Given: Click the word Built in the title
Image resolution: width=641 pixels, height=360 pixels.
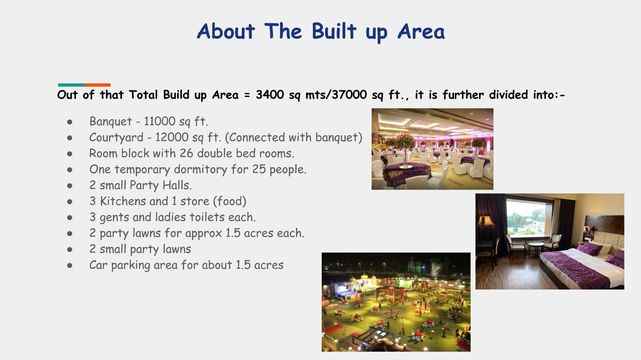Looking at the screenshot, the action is pos(334,31).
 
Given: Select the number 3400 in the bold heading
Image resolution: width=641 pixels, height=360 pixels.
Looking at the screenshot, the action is pos(270,95).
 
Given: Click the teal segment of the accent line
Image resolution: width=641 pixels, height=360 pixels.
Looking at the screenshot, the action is pos(71,85).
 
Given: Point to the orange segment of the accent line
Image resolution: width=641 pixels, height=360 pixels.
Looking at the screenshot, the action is pos(98,85).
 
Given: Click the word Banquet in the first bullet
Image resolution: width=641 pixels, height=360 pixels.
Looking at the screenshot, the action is pos(111,121).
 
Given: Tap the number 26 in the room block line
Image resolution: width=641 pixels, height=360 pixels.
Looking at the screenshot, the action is pos(186,153).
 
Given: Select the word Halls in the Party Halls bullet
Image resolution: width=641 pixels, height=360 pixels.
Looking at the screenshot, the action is pos(177,185).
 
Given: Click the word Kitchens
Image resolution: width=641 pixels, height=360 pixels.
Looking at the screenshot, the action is pos(134,201).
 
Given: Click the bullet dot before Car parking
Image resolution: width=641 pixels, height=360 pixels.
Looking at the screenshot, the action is pos(70,265).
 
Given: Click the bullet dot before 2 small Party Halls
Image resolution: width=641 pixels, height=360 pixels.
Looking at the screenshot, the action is pos(70,186).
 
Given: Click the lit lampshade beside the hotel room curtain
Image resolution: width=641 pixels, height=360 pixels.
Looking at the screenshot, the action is pos(485,221).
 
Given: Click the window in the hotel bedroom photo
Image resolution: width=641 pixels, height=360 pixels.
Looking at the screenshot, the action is pos(526,217).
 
